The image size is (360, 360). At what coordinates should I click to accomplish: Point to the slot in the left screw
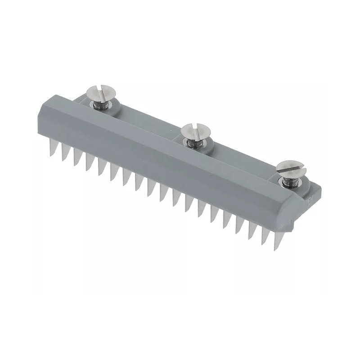(101, 91)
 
